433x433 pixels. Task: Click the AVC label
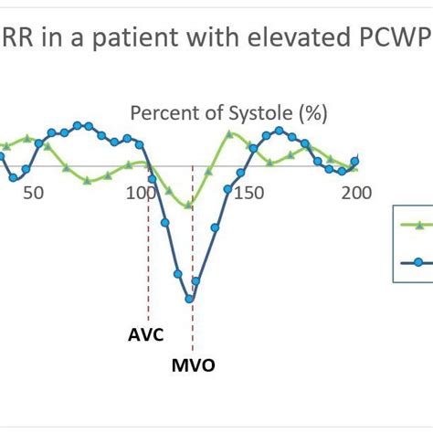(145, 334)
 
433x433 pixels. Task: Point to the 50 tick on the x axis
(32, 193)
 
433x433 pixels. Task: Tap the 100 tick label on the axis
(142, 193)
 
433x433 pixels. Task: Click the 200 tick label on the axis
(354, 193)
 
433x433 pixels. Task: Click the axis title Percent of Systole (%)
(229, 113)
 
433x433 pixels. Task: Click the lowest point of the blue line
(189, 299)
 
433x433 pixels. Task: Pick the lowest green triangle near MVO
(189, 205)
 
